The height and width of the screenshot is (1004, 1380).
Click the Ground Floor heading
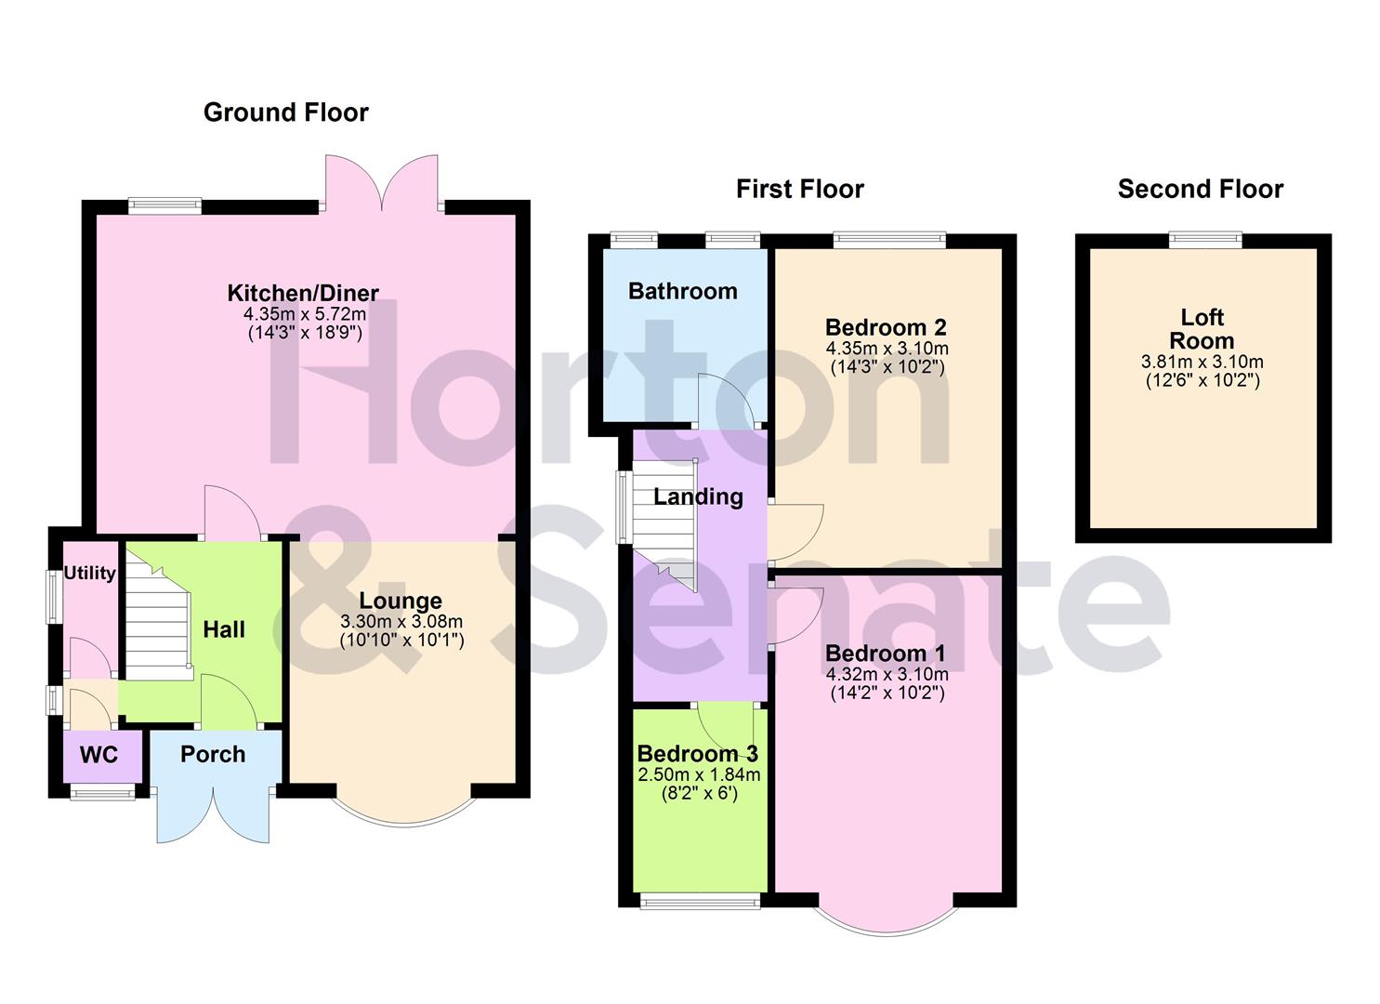(285, 112)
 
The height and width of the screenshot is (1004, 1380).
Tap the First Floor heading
(799, 190)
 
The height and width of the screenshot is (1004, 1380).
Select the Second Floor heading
(1200, 190)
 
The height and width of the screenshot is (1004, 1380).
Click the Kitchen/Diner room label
(303, 294)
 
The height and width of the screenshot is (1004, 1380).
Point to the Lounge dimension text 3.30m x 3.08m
(401, 622)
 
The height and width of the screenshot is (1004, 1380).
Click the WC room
(99, 755)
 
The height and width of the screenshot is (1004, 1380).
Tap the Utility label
(90, 573)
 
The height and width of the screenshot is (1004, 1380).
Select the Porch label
(213, 754)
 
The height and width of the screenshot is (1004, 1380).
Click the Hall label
(224, 629)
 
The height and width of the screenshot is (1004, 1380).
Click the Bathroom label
(683, 291)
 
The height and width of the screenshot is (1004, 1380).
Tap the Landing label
(698, 496)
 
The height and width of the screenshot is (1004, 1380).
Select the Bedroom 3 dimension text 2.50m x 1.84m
(699, 774)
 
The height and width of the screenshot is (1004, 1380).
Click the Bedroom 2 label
(886, 327)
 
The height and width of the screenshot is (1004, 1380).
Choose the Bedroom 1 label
(886, 653)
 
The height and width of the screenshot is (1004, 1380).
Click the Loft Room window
(1204, 240)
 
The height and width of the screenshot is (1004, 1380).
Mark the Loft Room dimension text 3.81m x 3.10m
(1203, 362)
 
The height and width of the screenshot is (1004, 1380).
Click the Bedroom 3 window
(700, 901)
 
